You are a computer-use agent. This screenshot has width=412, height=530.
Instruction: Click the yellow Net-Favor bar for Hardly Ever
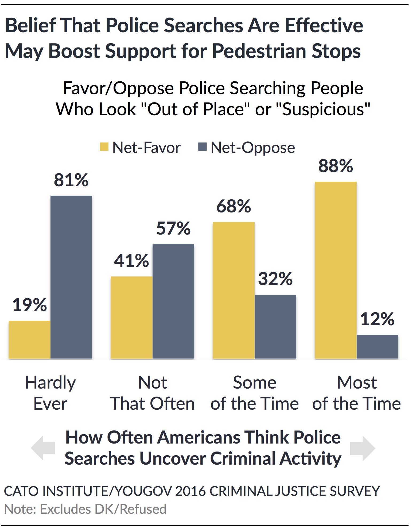point(30,339)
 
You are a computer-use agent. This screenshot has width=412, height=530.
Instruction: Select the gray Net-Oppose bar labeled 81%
point(71,277)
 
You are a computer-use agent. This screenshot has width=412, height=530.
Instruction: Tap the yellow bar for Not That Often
point(131,317)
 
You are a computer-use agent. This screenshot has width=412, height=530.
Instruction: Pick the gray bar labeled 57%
point(173,301)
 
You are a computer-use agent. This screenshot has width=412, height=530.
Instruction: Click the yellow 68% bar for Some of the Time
point(234,290)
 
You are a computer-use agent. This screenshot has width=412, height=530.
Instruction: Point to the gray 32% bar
point(275,326)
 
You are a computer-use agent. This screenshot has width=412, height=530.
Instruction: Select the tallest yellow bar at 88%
point(336,270)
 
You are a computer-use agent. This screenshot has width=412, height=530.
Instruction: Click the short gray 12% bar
point(377,346)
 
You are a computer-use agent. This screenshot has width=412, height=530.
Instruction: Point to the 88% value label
point(336,166)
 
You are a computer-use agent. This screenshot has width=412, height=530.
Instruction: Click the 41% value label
point(131,260)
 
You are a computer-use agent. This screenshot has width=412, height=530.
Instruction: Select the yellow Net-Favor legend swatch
point(104,147)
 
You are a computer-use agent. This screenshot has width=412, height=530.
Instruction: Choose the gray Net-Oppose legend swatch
point(202,147)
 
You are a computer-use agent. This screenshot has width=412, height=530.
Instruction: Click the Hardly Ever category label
point(50,393)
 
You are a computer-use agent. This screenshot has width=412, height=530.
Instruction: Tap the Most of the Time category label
point(356,393)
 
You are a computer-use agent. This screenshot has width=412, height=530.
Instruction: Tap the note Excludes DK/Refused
point(85,509)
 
